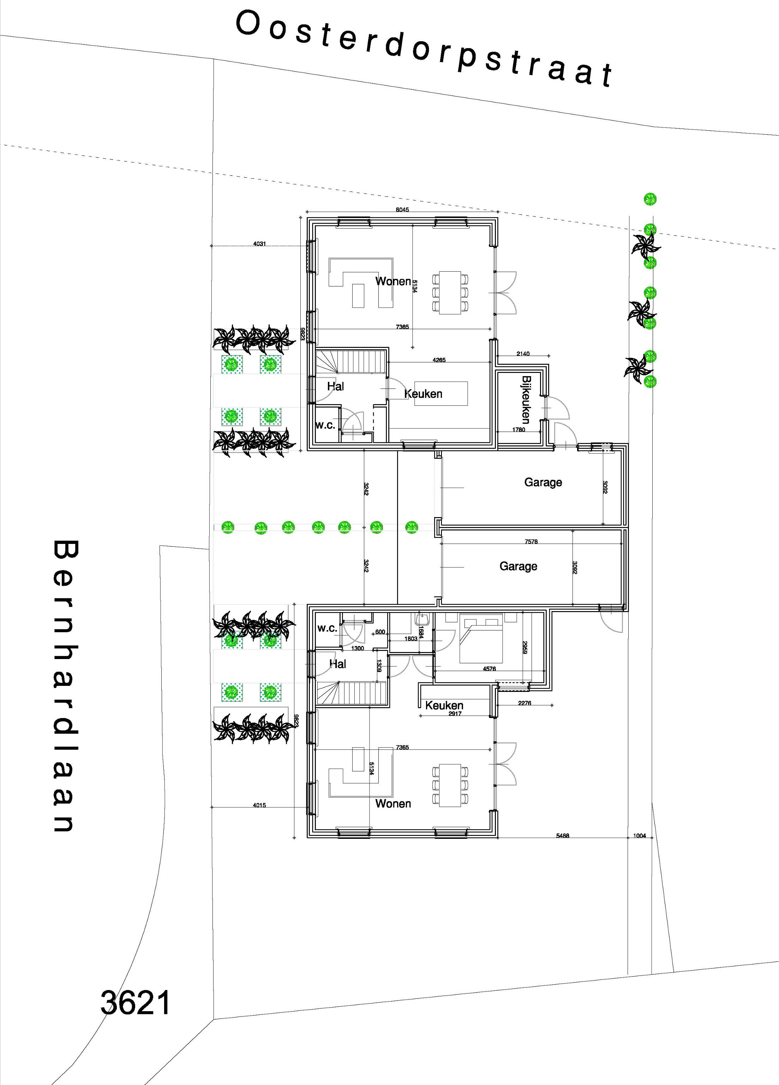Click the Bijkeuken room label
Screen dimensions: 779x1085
tap(526, 400)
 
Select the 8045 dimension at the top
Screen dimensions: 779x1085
tap(402, 209)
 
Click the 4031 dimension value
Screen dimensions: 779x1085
tap(260, 243)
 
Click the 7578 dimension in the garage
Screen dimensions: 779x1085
tap(531, 541)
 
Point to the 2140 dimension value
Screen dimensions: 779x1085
tap(523, 354)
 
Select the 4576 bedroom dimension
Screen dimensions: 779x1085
tap(489, 669)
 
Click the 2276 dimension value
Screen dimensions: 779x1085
tap(525, 703)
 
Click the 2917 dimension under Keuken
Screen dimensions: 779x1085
tap(455, 713)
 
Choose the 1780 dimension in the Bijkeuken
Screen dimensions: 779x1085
tap(519, 429)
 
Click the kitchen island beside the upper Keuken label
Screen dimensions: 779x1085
tap(441, 393)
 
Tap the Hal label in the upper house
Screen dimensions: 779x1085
tap(336, 386)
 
